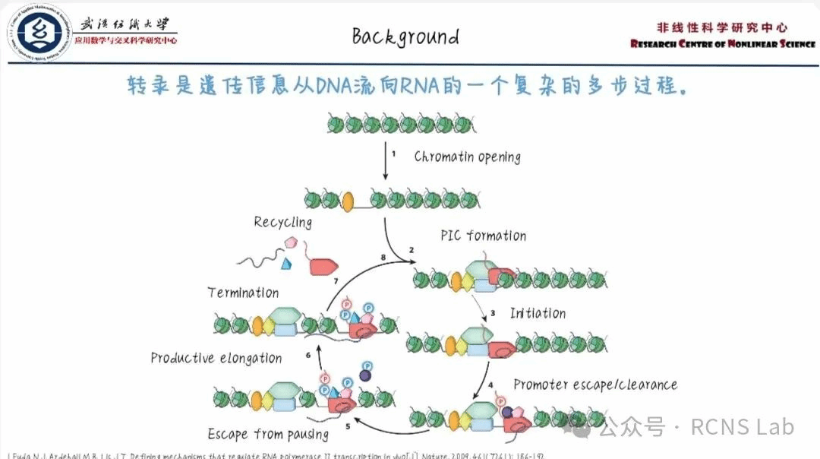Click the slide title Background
(405, 36)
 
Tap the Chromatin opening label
(467, 157)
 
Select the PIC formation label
(483, 236)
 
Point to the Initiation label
(538, 313)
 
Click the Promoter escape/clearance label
(595, 385)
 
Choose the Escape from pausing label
(268, 435)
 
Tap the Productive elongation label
(216, 358)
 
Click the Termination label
(243, 293)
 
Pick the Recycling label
(282, 222)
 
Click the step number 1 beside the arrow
(393, 154)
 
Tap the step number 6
(308, 355)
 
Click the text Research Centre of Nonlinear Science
(722, 43)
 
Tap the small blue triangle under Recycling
(287, 264)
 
